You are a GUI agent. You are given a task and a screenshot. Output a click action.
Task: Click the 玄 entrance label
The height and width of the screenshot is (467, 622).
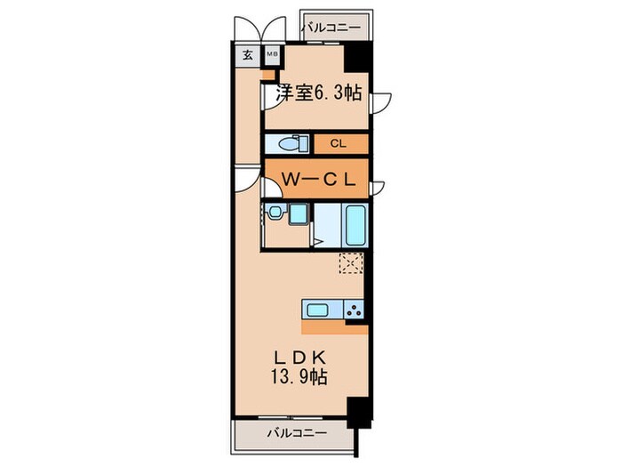(247, 54)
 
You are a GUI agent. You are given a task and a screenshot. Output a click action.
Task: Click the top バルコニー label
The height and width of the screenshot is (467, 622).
(331, 28)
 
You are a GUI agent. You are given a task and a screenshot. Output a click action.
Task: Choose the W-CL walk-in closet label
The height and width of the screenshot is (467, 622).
(319, 179)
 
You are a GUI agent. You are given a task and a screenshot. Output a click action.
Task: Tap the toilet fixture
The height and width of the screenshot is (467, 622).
(290, 143)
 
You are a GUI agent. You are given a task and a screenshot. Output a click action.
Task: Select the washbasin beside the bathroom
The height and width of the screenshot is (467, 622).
(276, 213)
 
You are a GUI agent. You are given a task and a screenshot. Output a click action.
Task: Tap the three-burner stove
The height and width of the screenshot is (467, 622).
(353, 310)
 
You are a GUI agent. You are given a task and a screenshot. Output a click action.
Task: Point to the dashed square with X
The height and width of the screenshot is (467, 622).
(351, 263)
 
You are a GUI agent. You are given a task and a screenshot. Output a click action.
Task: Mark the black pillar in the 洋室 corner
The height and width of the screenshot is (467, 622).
(357, 60)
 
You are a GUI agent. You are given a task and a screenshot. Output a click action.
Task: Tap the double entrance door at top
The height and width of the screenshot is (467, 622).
(260, 28)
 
